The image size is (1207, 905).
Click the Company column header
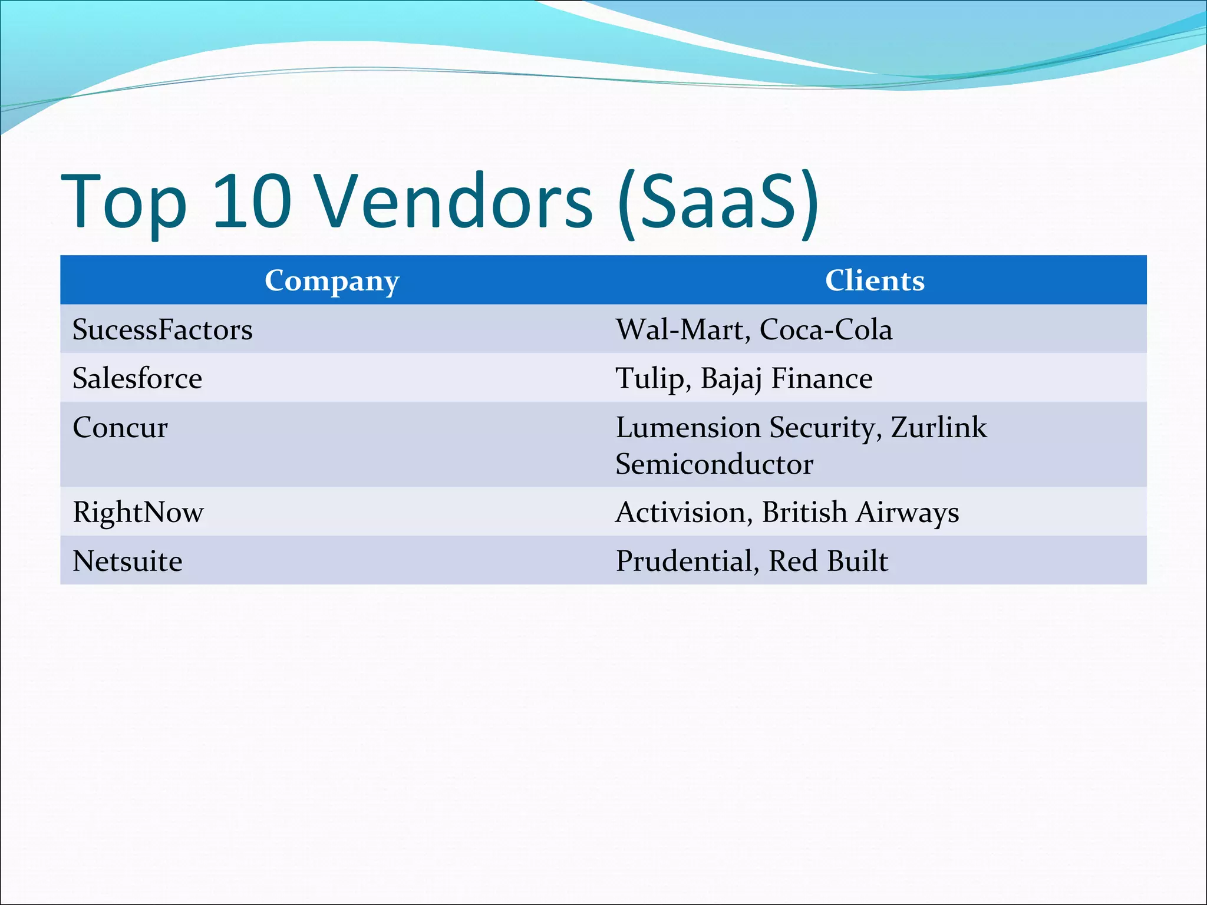332,281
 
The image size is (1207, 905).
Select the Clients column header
875,280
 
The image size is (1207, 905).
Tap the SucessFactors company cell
163,329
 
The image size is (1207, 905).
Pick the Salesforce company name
137,378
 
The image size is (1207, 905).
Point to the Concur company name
120,427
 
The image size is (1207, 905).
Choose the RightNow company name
138,512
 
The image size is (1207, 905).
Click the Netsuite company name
127,561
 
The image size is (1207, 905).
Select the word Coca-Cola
826,329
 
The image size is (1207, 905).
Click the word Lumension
688,427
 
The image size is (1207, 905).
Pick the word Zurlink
938,427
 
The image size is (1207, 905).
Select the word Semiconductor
714,464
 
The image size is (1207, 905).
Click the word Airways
908,512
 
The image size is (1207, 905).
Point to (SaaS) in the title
718,202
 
